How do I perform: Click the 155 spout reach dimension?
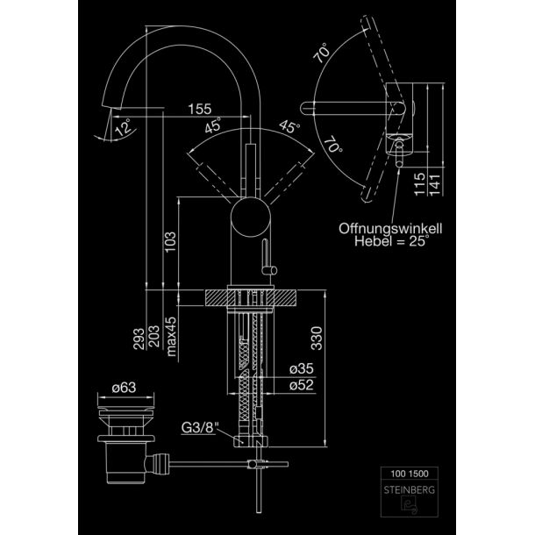(x=200, y=109)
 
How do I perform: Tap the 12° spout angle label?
(x=123, y=127)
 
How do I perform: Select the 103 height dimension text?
(x=170, y=242)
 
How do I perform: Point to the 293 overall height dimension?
(x=139, y=339)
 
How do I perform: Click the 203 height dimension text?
(x=154, y=337)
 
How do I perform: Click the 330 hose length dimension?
(x=317, y=339)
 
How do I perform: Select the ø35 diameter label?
(x=302, y=368)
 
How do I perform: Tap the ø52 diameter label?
(x=302, y=385)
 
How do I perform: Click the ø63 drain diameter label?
(x=124, y=388)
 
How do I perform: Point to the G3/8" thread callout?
(x=200, y=427)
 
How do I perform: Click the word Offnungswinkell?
(x=390, y=228)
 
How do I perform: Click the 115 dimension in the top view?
(x=420, y=184)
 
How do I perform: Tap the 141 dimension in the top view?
(x=435, y=185)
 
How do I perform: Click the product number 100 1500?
(x=410, y=474)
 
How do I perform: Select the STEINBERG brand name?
(x=410, y=490)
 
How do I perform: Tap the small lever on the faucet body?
(x=267, y=258)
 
